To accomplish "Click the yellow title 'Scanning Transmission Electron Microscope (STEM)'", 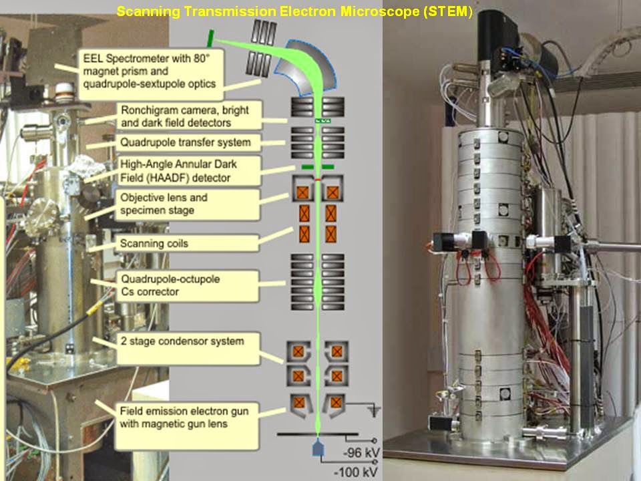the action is [294, 12].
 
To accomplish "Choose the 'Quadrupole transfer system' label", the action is [185, 142].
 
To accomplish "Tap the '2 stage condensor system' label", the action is [186, 347].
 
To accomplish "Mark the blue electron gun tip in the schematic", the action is [318, 449].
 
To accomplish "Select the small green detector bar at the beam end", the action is [210, 37].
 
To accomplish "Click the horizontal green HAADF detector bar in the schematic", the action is [318, 166].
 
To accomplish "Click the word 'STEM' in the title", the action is [454, 12].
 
